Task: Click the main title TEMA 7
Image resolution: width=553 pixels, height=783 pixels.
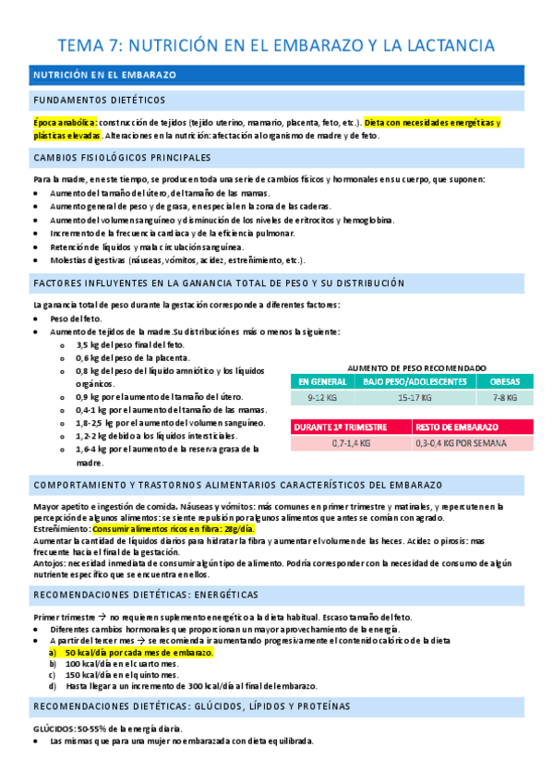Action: (x=276, y=44)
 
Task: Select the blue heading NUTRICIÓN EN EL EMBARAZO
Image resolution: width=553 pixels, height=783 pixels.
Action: (x=104, y=74)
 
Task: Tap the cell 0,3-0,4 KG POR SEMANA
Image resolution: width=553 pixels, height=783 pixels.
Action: (x=473, y=443)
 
